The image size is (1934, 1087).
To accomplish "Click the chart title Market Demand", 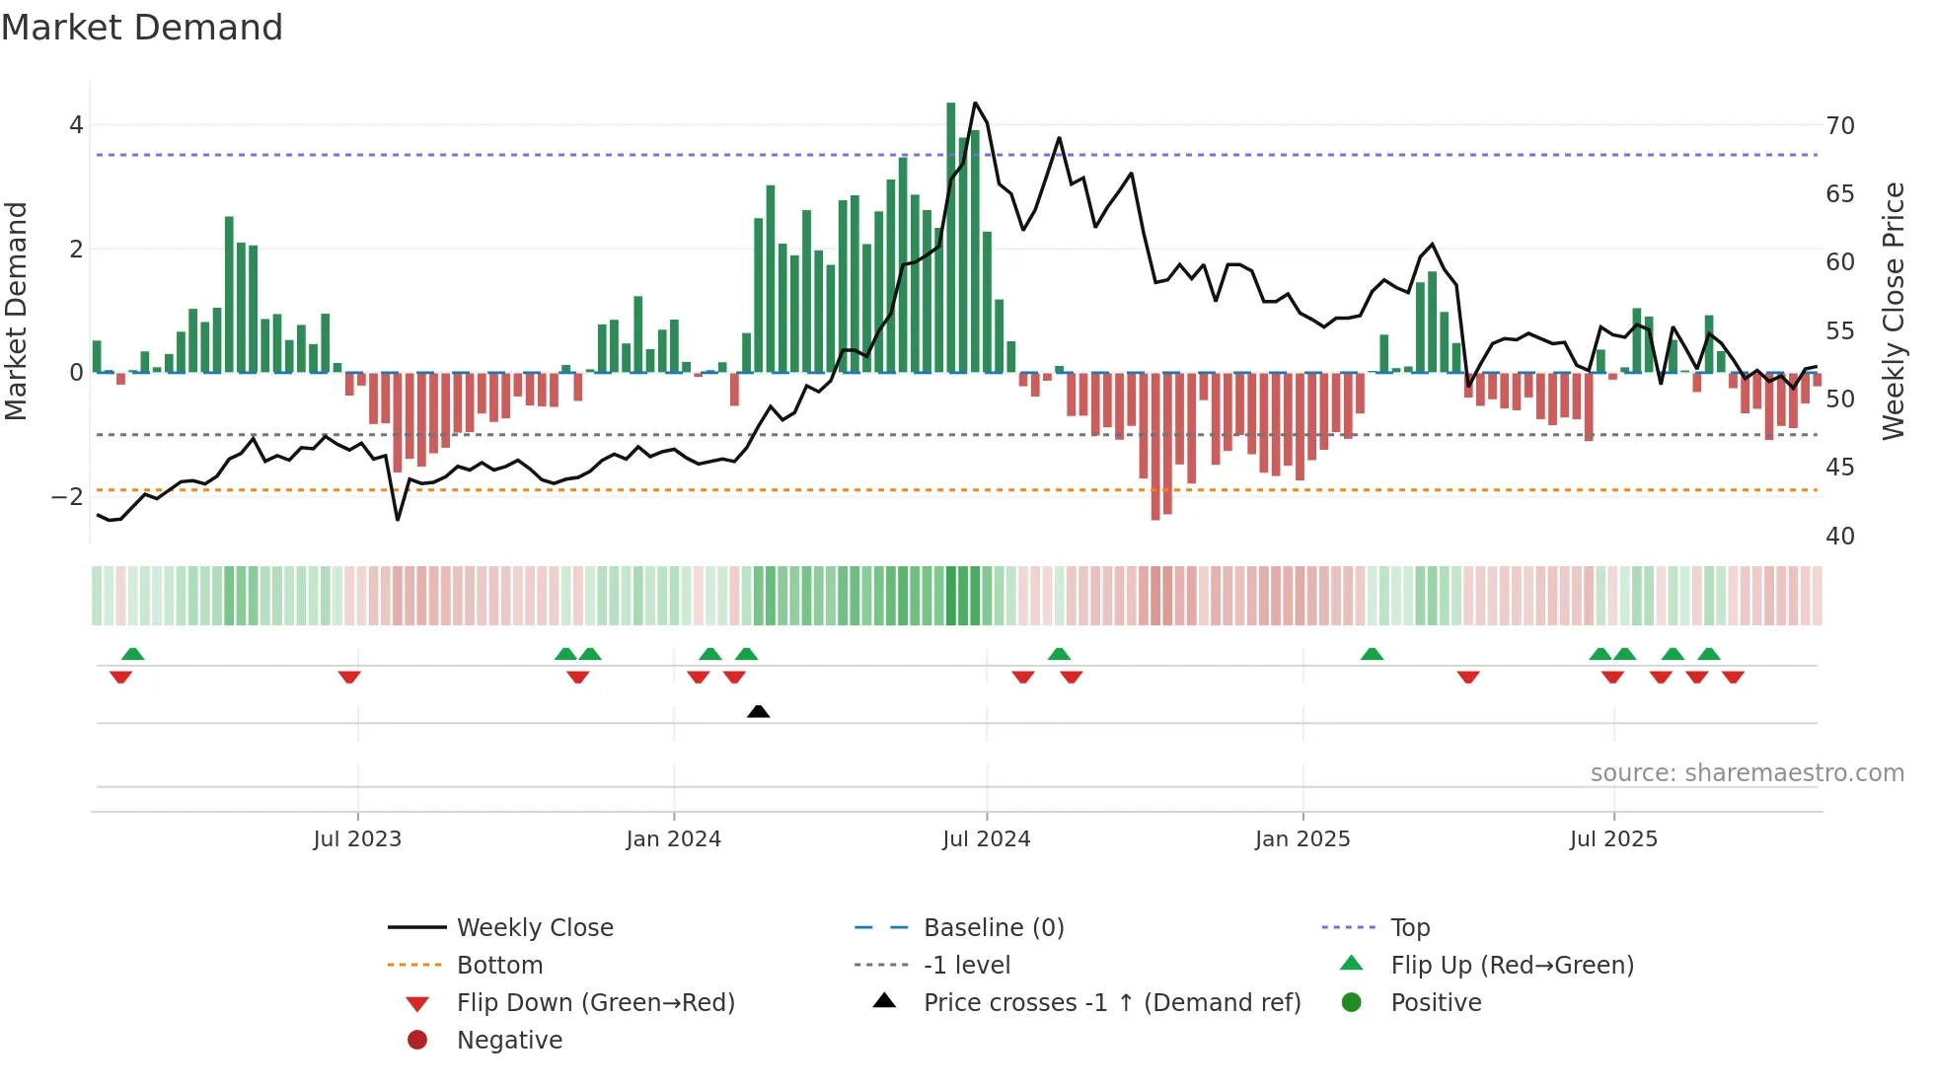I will coord(142,28).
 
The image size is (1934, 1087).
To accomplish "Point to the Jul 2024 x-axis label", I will coord(986,839).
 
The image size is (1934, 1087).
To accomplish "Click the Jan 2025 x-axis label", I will coord(1302,839).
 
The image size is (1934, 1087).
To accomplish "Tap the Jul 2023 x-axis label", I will coord(357,839).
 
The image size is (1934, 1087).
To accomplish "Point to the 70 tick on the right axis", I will coord(1839,126).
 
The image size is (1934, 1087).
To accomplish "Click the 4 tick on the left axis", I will coord(76,125).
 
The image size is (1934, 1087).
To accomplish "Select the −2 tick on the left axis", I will coord(68,496).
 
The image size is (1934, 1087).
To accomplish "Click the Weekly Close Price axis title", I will coord(1893,311).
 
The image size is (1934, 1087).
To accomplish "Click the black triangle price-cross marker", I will coord(758,711).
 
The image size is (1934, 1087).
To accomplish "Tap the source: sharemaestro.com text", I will coord(1747,773).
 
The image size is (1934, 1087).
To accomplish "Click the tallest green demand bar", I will coord(951,237).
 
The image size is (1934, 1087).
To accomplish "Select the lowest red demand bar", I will coord(1155,446).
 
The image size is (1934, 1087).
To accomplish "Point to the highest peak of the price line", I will coord(975,103).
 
